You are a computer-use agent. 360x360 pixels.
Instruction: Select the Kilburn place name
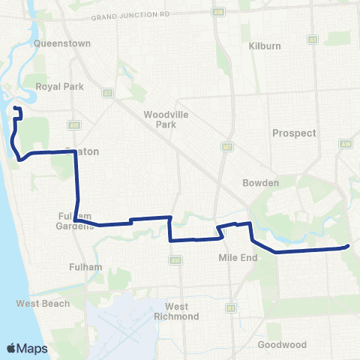click(264, 46)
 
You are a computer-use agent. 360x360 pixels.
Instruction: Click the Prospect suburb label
click(295, 133)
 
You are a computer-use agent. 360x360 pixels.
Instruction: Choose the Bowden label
click(260, 183)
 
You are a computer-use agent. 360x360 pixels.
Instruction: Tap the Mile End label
click(238, 256)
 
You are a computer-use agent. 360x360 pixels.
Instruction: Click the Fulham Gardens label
click(74, 221)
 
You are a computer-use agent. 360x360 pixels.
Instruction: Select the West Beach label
click(43, 304)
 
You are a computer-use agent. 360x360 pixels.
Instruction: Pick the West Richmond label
click(181, 311)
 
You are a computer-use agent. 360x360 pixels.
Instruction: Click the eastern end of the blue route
click(349, 246)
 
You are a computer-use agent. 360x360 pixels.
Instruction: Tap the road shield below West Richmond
click(231, 307)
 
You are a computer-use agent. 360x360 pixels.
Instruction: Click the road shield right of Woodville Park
click(225, 146)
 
